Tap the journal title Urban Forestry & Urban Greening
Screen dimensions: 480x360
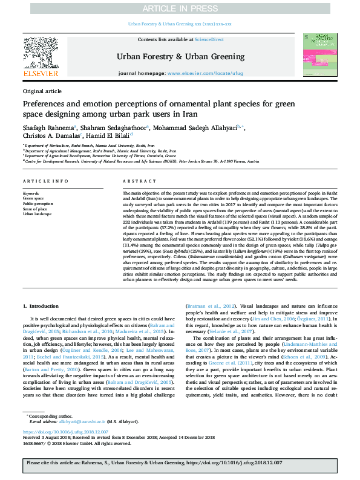pyautogui.click(x=180, y=57)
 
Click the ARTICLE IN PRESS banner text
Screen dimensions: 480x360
pyautogui.click(x=180, y=8)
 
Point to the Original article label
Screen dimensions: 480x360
pyautogui.click(x=42, y=91)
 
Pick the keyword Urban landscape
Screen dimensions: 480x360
pyautogui.click(x=38, y=214)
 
